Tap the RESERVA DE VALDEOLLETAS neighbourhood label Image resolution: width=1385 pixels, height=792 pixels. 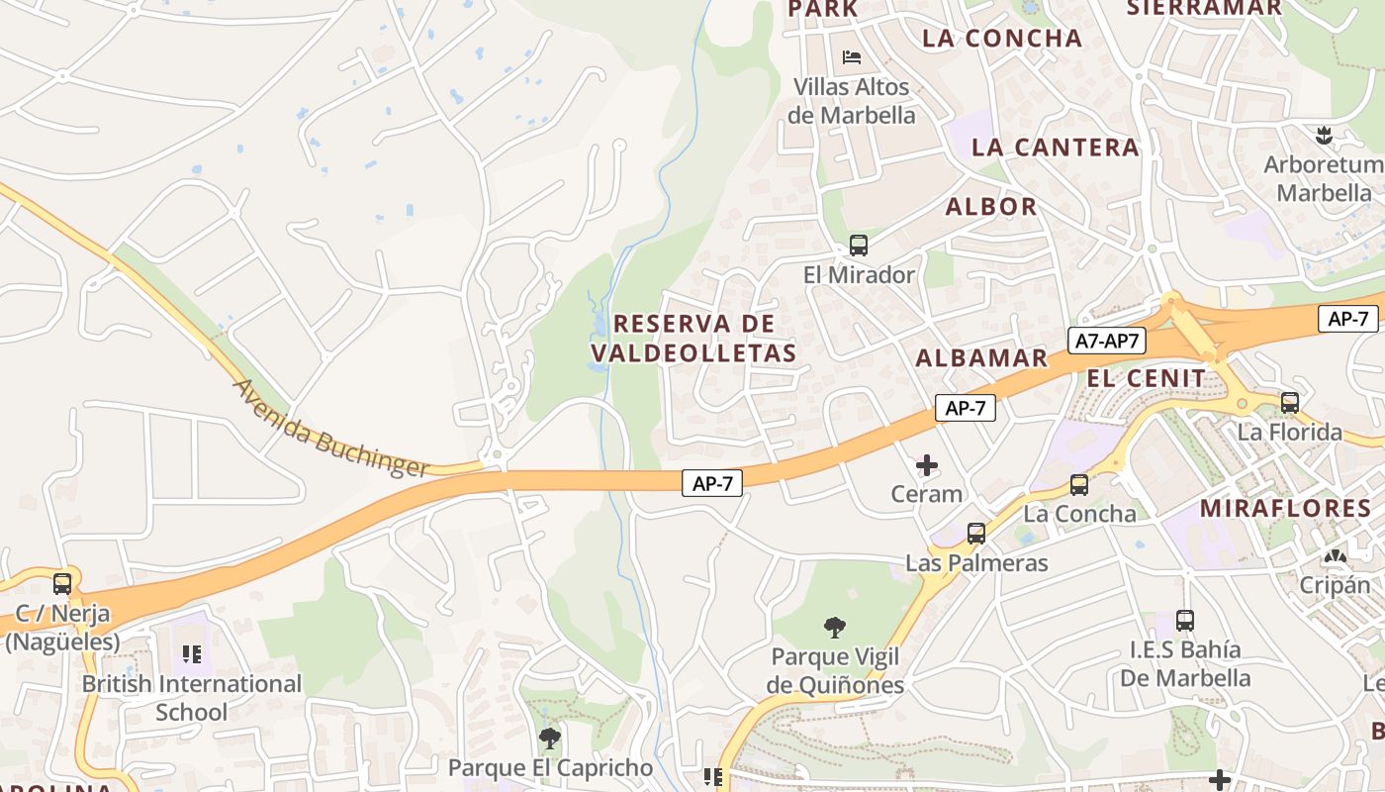tap(693, 339)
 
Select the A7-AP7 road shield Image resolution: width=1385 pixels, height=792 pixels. tap(1108, 342)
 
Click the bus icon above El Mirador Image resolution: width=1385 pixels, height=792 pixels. tap(858, 246)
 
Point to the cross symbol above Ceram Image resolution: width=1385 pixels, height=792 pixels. tap(927, 464)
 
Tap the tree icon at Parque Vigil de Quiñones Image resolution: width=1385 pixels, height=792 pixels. tap(835, 627)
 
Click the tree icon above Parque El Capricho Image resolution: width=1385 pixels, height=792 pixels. tap(550, 738)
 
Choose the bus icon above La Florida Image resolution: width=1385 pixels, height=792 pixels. tap(1290, 403)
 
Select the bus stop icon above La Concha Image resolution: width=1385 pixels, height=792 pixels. tap(1078, 485)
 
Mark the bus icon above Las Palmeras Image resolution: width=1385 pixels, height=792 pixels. tap(976, 534)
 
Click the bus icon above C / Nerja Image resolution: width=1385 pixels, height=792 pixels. tap(62, 584)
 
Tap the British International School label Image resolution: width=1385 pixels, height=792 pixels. tap(192, 697)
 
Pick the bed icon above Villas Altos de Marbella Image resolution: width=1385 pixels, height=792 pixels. tap(851, 57)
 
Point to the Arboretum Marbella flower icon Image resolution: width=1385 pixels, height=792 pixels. tap(1324, 136)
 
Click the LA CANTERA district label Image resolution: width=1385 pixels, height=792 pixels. tap(1055, 148)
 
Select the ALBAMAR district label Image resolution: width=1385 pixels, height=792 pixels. tap(981, 358)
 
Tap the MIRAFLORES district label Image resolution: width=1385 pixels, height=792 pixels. tap(1285, 509)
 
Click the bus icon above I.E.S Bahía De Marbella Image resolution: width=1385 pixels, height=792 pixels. tap(1185, 621)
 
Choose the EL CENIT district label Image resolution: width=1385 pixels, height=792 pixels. tap(1147, 378)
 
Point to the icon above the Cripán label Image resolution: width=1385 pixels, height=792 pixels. tap(1335, 557)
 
